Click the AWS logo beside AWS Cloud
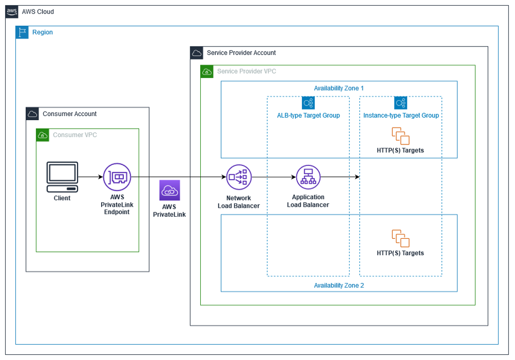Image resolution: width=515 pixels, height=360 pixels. (x=12, y=12)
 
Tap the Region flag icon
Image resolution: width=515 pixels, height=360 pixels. (x=22, y=32)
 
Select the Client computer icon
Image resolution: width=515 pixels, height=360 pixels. (x=62, y=177)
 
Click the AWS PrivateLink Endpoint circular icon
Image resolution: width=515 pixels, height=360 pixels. (x=117, y=177)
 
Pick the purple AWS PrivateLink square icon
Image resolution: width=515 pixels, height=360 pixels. (x=170, y=190)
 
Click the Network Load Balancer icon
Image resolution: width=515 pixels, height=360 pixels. (x=239, y=178)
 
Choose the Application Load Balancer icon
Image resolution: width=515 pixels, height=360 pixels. (x=308, y=178)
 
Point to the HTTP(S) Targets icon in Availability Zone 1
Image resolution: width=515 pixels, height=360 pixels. (x=401, y=135)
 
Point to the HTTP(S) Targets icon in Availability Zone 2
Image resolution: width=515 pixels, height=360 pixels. (x=401, y=238)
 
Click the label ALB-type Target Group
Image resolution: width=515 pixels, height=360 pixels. (x=308, y=115)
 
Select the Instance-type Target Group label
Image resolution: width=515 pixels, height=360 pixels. (x=401, y=115)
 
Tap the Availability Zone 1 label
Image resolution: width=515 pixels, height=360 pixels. (x=339, y=88)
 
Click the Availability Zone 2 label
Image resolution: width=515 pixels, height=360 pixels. (x=339, y=285)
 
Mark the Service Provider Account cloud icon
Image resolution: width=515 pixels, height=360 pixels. (x=197, y=53)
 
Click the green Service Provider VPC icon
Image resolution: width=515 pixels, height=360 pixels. (x=207, y=71)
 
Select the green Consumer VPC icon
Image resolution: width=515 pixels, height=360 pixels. (x=42, y=135)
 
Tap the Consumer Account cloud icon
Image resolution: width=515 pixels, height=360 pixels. (x=32, y=114)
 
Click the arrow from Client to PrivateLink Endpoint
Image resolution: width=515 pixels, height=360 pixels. (x=90, y=177)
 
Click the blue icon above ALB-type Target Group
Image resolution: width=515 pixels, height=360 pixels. (x=308, y=103)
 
